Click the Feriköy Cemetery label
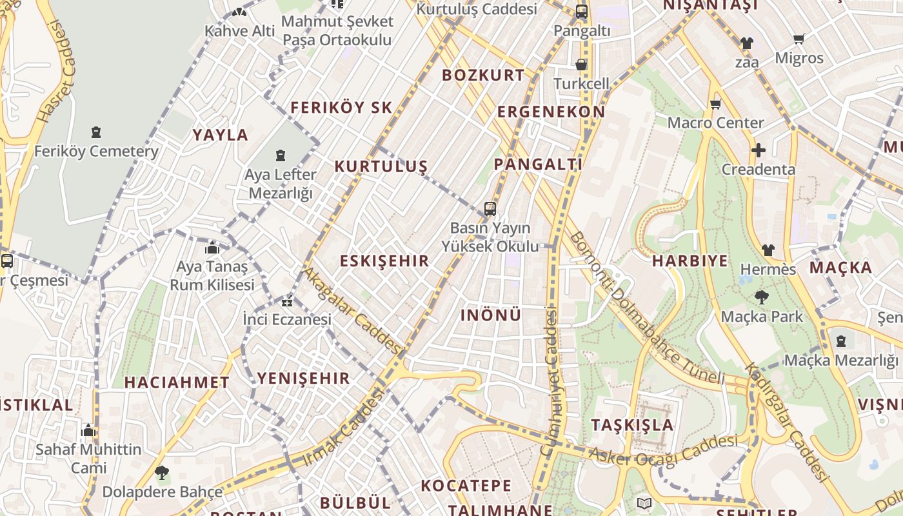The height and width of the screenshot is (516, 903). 96,152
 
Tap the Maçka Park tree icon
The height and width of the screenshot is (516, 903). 762,297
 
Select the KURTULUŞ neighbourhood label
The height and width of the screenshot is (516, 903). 381,166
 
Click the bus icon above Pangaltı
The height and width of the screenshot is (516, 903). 581,11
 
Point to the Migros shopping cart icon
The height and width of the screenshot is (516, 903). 799,39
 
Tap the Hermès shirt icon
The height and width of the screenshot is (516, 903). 768,250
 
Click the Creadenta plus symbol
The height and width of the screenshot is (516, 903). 759,151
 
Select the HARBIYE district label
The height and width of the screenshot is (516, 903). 690,261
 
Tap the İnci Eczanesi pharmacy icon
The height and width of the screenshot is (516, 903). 287,301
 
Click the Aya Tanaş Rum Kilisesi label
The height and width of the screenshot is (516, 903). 212,275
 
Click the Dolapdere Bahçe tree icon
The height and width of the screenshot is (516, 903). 162,473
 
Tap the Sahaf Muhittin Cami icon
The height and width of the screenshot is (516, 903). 88,430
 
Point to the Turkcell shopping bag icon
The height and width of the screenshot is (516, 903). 581,64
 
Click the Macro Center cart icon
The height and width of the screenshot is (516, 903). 715,104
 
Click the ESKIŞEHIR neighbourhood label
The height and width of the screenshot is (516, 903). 384,261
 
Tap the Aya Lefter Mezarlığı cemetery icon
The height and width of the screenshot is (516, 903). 281,155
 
